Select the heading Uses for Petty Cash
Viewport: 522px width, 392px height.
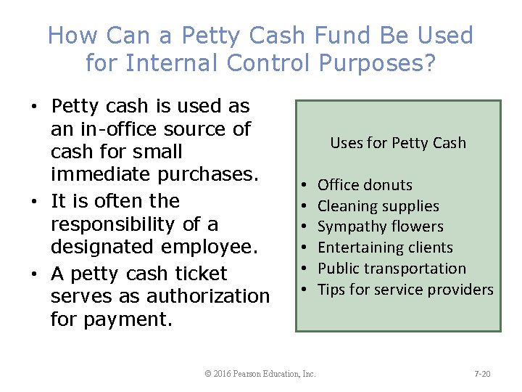(x=398, y=143)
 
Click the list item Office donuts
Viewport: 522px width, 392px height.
(x=365, y=185)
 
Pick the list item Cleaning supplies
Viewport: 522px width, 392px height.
(x=378, y=206)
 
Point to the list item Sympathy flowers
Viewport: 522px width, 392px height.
(x=381, y=226)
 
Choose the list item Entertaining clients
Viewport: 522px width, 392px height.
(x=385, y=248)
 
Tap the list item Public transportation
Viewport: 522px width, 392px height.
(x=391, y=269)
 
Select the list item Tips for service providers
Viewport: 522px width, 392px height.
(x=405, y=290)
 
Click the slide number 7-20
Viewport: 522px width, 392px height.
(x=482, y=374)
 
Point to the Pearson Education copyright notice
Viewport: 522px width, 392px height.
(x=260, y=374)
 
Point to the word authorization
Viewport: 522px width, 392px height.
(x=208, y=296)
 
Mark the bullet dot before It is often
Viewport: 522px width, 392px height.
(x=35, y=201)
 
